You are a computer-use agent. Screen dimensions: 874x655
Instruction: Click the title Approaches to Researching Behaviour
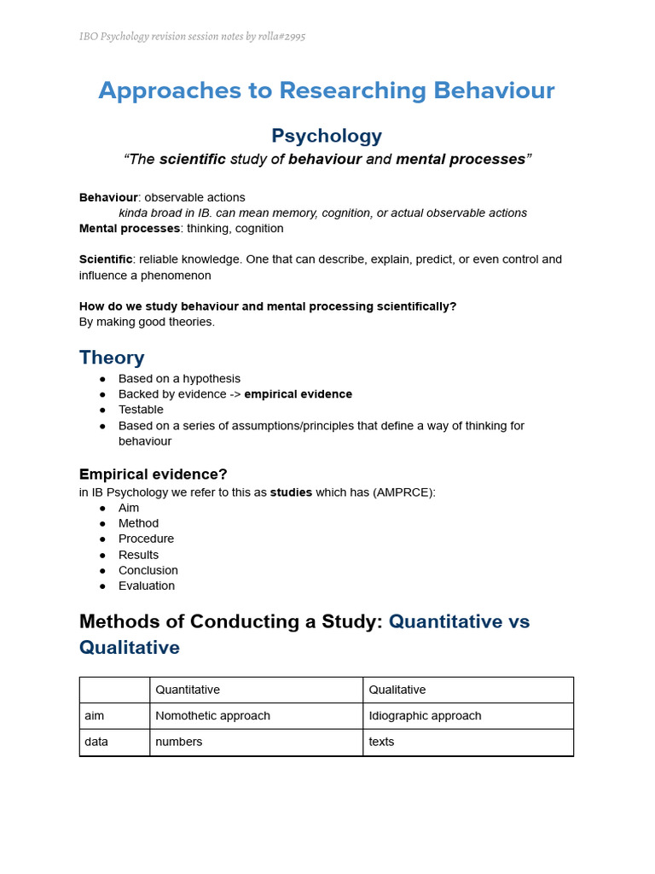coord(327,90)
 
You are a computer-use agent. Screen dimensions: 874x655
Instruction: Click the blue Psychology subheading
coord(327,136)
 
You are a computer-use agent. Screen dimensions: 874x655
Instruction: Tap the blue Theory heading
coord(112,357)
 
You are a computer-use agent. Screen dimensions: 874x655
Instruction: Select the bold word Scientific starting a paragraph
coord(106,259)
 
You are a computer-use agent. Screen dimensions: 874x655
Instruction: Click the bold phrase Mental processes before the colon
coord(130,229)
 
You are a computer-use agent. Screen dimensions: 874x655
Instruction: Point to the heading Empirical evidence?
coord(154,474)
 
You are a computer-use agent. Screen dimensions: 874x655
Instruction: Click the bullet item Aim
coord(129,508)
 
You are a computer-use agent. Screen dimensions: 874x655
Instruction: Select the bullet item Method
coord(138,523)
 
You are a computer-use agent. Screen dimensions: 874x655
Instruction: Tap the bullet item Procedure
coord(146,539)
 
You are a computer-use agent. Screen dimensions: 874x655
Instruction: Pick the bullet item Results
coord(138,555)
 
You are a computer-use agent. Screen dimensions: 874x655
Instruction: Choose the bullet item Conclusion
coord(148,570)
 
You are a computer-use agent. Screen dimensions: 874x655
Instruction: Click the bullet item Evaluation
coord(147,586)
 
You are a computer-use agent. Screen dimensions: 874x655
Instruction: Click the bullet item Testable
coord(141,410)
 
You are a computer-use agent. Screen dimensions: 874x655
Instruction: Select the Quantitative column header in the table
coord(188,690)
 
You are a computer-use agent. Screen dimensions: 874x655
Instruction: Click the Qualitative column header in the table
coord(397,690)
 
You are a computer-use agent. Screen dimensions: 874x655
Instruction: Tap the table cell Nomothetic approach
coord(212,716)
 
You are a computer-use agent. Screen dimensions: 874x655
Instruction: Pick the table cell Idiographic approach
coord(425,716)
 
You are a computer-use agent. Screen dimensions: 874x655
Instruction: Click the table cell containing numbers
coord(179,742)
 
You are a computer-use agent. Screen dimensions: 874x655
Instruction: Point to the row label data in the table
coord(96,742)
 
